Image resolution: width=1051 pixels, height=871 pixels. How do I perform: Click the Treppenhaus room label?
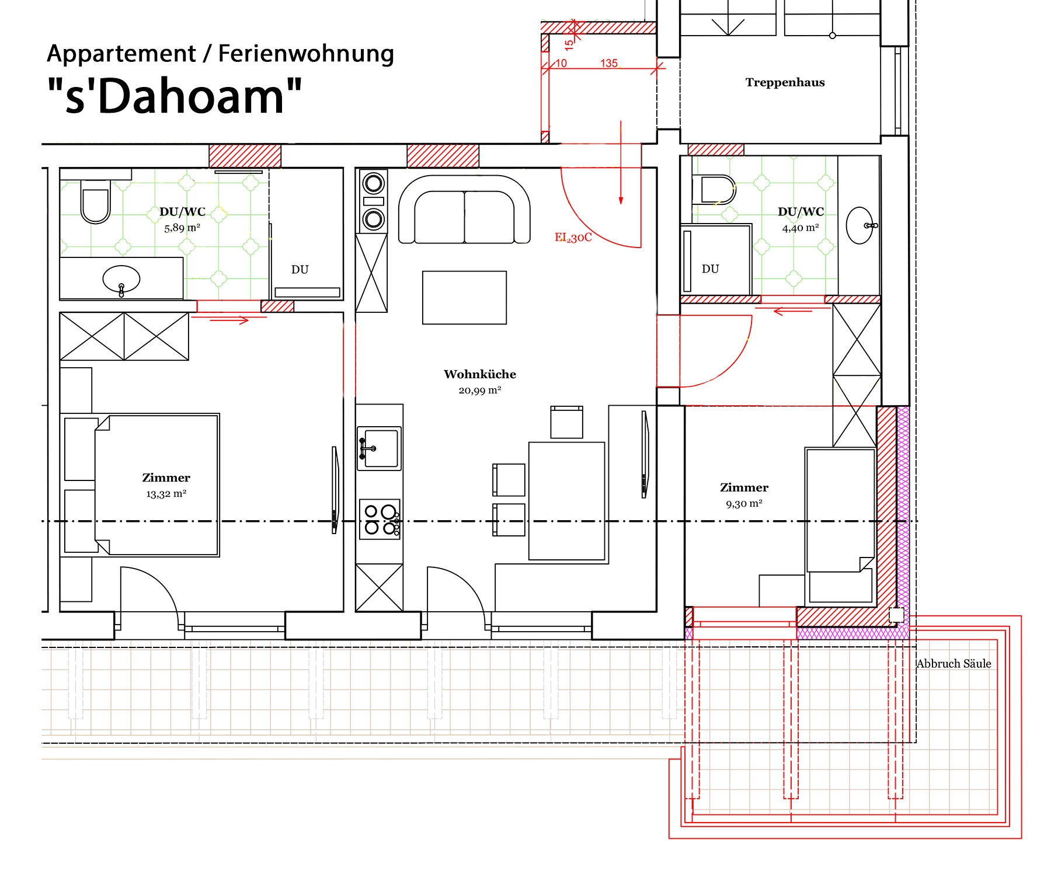(785, 82)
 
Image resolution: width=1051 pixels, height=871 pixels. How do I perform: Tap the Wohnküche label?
(480, 374)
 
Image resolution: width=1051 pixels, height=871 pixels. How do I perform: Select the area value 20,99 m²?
(480, 391)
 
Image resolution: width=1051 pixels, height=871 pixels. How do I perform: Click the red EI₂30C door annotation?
(573, 238)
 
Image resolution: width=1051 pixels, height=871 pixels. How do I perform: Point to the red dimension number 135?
(608, 63)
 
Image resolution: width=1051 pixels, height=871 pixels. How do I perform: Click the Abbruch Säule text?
(953, 664)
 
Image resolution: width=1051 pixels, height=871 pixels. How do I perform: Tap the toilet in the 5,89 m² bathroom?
(95, 201)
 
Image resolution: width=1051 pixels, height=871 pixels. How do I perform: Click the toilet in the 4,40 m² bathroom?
(714, 190)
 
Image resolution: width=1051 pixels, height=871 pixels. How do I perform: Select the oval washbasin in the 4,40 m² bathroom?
(860, 225)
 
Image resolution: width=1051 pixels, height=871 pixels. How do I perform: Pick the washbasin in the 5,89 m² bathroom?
(121, 280)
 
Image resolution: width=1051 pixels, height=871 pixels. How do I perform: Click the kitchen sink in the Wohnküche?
(379, 448)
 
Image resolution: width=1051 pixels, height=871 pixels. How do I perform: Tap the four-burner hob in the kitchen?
(380, 519)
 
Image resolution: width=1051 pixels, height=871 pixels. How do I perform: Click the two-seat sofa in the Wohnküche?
(464, 210)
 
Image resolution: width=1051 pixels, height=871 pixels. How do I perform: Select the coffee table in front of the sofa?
(464, 298)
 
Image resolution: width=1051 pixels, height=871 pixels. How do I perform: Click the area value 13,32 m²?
(166, 494)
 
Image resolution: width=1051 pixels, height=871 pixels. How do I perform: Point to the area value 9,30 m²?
(744, 504)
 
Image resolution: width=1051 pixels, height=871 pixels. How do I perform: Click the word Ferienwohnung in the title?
(306, 54)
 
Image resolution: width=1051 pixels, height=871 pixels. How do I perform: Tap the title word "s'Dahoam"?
(175, 96)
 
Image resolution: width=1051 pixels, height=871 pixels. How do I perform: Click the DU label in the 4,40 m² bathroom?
(710, 269)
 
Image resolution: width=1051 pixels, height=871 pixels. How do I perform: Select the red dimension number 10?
(561, 63)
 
